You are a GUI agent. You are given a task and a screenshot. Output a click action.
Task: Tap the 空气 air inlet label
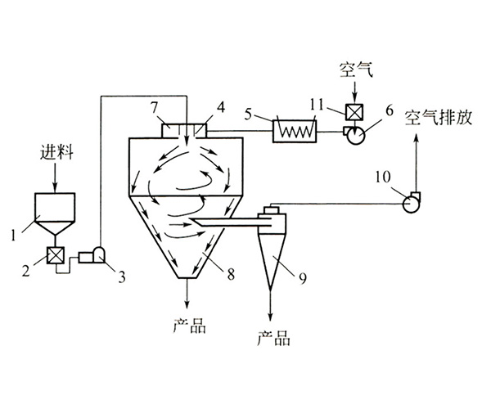356,70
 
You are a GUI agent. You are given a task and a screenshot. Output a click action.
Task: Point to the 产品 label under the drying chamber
190,324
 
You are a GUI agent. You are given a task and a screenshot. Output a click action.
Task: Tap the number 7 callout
153,109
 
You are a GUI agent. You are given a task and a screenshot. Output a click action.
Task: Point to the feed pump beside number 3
92,256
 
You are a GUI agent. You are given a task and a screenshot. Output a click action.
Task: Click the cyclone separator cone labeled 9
270,254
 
